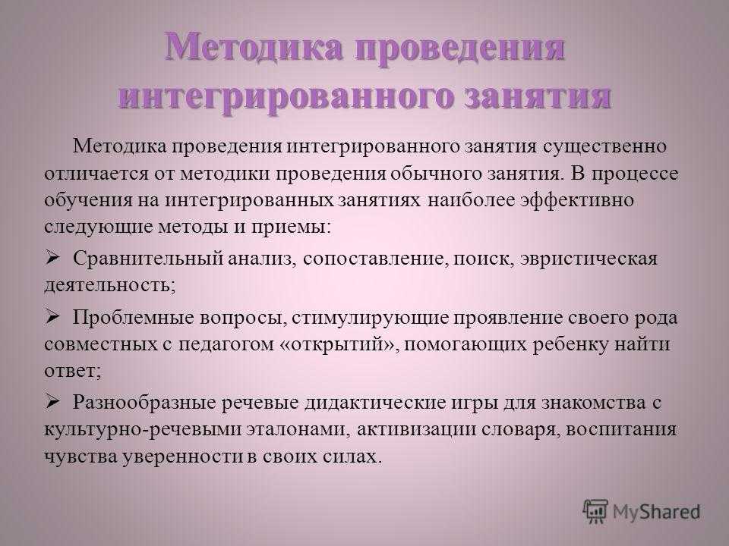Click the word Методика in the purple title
(x=254, y=47)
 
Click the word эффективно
(x=578, y=200)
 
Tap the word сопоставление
(x=376, y=259)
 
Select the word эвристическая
(x=589, y=259)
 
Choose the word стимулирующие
(x=371, y=318)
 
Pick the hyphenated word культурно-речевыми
(x=142, y=429)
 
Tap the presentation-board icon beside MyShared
(x=595, y=512)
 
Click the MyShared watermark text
(x=656, y=512)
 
